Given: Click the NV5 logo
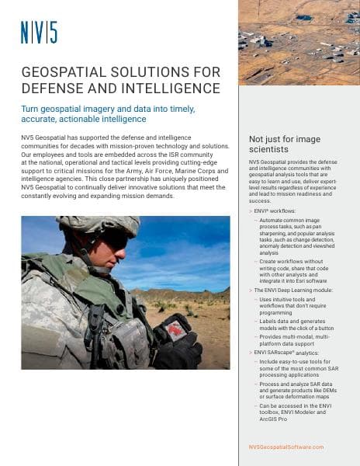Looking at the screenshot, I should click(39, 33).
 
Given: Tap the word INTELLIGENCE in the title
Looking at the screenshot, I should click(174, 89).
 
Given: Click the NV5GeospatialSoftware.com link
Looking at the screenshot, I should click(286, 447).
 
